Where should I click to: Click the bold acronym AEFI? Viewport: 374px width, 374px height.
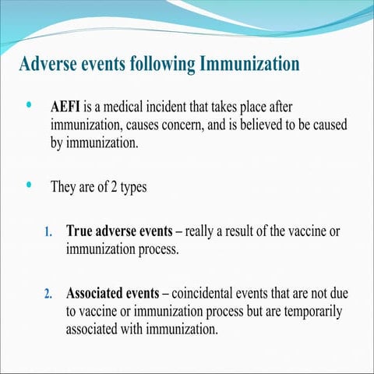tap(67, 105)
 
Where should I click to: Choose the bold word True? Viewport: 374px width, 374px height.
tap(81, 231)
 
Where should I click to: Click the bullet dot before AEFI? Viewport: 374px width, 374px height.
tap(30, 104)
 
